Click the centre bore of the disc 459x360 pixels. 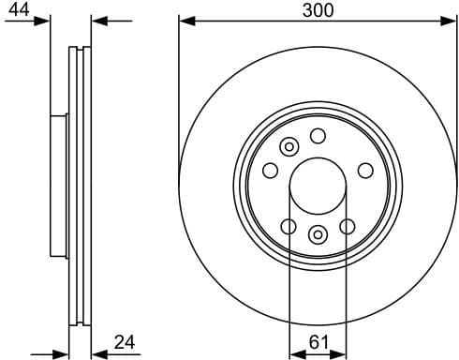click(318, 181)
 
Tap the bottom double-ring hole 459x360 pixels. click(318, 233)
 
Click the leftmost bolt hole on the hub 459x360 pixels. click(270, 170)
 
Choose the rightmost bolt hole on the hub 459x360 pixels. click(365, 170)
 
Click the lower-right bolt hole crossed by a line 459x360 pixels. click(348, 227)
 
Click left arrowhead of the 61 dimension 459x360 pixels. click(294, 352)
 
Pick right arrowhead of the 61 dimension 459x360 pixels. click(341, 352)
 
